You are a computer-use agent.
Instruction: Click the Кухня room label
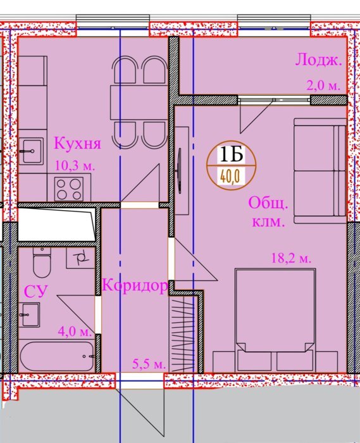pyautogui.click(x=77, y=144)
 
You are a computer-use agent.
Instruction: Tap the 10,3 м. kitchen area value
pyautogui.click(x=75, y=165)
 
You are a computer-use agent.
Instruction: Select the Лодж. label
pyautogui.click(x=318, y=61)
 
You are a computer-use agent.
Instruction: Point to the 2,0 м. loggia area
pyautogui.click(x=323, y=85)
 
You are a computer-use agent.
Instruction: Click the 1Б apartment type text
pyautogui.click(x=231, y=154)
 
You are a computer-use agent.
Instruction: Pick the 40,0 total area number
pyautogui.click(x=230, y=177)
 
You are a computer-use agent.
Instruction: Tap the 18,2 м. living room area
pyautogui.click(x=291, y=258)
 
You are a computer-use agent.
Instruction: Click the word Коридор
pyautogui.click(x=135, y=285)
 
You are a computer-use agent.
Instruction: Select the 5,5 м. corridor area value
pyautogui.click(x=149, y=364)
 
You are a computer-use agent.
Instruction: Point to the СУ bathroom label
pyautogui.click(x=35, y=291)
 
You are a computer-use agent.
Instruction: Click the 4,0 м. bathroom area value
pyautogui.click(x=75, y=331)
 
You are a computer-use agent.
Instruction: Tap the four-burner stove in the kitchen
pyautogui.click(x=69, y=189)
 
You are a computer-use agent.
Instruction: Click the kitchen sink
pyautogui.click(x=31, y=151)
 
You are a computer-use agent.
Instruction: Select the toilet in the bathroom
pyautogui.click(x=42, y=263)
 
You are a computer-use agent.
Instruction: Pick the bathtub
pyautogui.click(x=57, y=356)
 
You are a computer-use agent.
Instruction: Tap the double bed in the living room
pyautogui.click(x=275, y=320)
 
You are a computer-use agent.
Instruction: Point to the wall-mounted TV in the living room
pyautogui.click(x=180, y=171)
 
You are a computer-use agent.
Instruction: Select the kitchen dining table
pyautogui.click(x=139, y=102)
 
